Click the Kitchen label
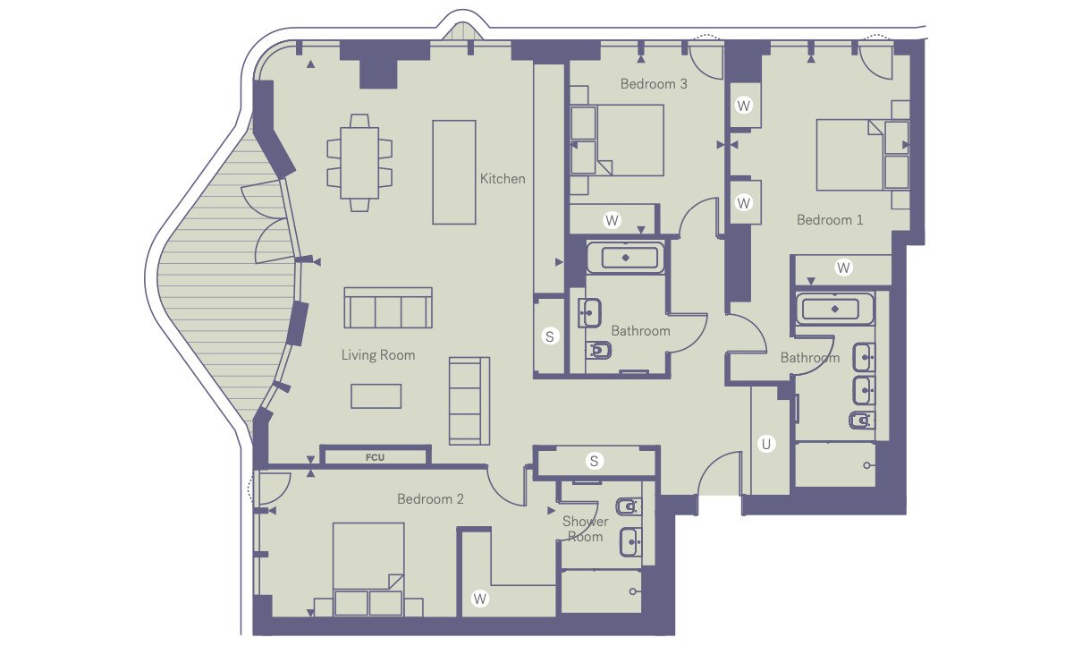point(503,179)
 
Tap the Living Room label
point(378,355)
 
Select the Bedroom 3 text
point(654,84)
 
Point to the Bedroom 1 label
point(830,220)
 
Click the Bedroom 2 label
point(430,499)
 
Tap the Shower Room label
point(585,529)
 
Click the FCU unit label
point(375,458)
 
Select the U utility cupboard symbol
point(766,445)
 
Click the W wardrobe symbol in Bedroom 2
point(479,599)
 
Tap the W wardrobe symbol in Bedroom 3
point(612,220)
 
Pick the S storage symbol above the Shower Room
point(594,461)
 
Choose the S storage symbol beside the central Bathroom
point(549,336)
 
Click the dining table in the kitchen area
point(359,163)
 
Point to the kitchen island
point(454,172)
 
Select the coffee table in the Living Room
point(376,396)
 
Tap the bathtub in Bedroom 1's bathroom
point(835,309)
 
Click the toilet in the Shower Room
point(629,506)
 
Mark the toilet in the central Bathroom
point(598,351)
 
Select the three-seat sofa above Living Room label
point(388,308)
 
